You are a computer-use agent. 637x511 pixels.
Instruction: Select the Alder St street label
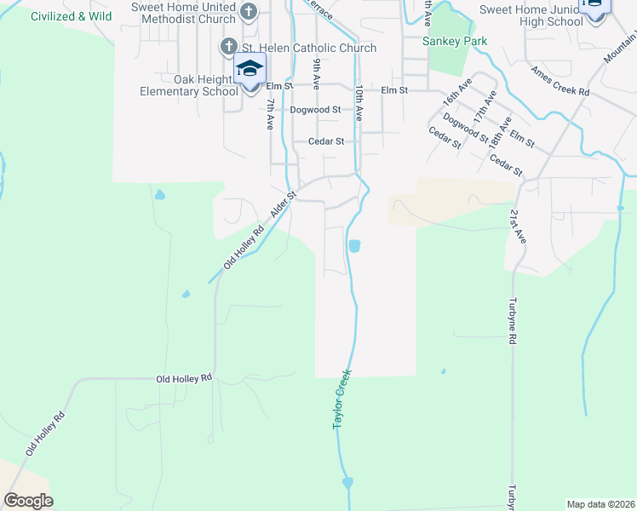pyautogui.click(x=283, y=204)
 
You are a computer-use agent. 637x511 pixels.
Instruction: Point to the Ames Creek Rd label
pyautogui.click(x=560, y=80)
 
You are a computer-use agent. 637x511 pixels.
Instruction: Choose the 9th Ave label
pyautogui.click(x=316, y=74)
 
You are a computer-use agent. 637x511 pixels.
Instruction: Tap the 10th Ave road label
pyautogui.click(x=360, y=100)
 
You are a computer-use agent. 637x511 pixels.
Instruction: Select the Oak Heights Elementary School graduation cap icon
pyautogui.click(x=250, y=68)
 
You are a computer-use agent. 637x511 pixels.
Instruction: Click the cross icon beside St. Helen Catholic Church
pyautogui.click(x=227, y=47)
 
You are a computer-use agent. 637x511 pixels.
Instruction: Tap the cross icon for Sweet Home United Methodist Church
pyautogui.click(x=248, y=12)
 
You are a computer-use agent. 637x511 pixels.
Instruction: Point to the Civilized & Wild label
pyautogui.click(x=71, y=16)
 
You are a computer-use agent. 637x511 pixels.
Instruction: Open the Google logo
pyautogui.click(x=28, y=501)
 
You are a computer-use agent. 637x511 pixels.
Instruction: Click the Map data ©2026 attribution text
pyautogui.click(x=601, y=504)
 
